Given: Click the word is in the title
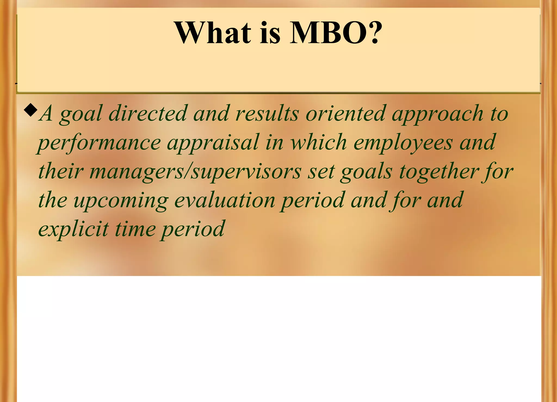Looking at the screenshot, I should (270, 33).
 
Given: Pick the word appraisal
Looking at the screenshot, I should (213, 143).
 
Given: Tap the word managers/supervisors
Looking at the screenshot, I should (196, 172).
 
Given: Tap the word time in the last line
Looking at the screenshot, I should (135, 229).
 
